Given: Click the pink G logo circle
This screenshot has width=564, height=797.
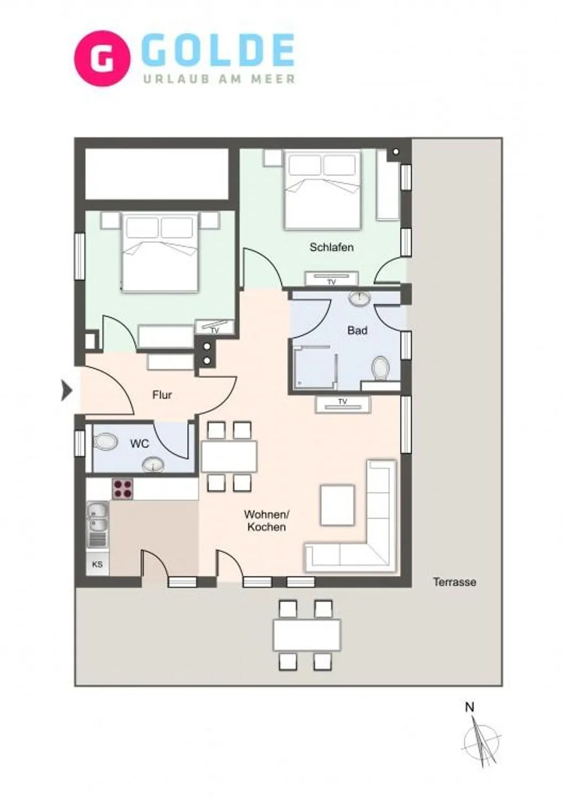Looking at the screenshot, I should tap(102, 58).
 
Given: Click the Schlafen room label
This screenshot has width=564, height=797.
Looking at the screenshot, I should tap(331, 247).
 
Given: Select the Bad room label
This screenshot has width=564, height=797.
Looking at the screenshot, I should tap(357, 330).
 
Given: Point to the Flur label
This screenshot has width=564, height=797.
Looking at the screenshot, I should tap(162, 395).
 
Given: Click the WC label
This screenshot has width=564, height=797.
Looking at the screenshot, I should tap(140, 444).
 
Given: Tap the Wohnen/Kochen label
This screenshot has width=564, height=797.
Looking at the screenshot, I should tap(266, 521).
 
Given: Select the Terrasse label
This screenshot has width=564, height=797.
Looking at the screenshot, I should tap(454, 582).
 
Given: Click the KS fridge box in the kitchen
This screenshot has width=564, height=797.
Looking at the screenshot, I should tap(98, 565).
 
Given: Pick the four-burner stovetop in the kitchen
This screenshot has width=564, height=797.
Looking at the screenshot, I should tap(123, 489).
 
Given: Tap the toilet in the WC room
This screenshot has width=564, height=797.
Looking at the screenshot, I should tap(105, 442).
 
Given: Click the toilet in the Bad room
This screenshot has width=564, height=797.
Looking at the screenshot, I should tap(381, 368).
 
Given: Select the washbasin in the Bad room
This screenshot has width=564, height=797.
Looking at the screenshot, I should tap(360, 299).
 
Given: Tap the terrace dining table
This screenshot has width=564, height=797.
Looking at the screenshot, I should tap(306, 635).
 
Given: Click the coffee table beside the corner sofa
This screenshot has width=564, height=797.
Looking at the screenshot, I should tap(337, 505).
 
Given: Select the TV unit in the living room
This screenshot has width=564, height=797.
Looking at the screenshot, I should tap(343, 404).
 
